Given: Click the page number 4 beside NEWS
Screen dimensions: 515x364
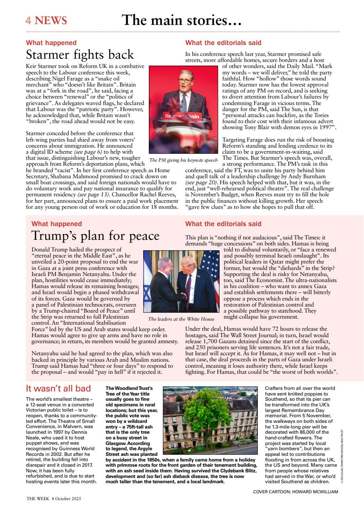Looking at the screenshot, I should pyautogui.click(x=29, y=21).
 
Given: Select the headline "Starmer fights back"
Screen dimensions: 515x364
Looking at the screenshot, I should pyautogui.click(x=80, y=55).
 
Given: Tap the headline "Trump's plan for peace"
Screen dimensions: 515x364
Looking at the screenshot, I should pyautogui.click(x=95, y=235).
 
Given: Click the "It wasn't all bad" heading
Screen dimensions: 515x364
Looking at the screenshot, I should pyautogui.click(x=58, y=389).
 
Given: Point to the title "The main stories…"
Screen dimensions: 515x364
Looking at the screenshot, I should pyautogui.click(x=181, y=20).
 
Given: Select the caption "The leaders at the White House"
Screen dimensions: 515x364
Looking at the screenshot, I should pyautogui.click(x=181, y=319).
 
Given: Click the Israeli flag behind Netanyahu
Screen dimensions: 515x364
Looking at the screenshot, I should pyautogui.click(x=150, y=278).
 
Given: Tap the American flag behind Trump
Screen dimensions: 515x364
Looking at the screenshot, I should pyautogui.click(x=210, y=266).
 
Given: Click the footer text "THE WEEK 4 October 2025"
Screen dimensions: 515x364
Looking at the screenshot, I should pyautogui.click(x=54, y=499).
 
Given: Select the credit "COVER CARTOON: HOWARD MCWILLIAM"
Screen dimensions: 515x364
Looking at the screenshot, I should pyautogui.click(x=296, y=492).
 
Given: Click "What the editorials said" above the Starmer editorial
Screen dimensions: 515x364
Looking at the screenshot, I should pyautogui.click(x=223, y=43).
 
